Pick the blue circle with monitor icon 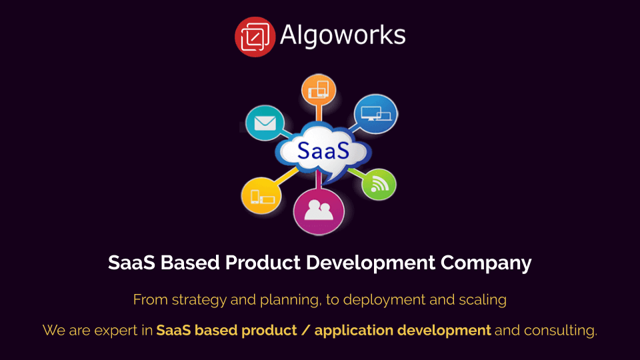pos(375,113)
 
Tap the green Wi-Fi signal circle pos(379,184)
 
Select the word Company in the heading pos(486,263)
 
